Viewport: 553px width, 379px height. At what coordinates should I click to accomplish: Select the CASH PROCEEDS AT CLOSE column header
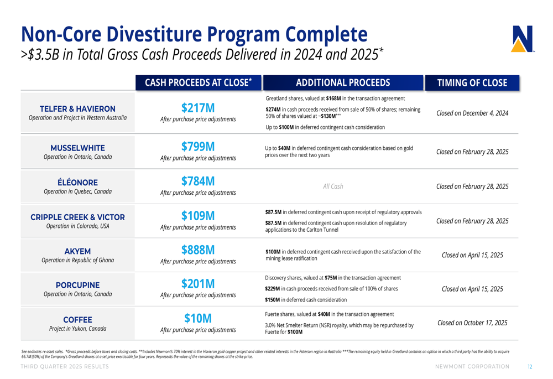coord(198,83)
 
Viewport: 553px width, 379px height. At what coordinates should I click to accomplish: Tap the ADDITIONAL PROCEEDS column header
coord(343,83)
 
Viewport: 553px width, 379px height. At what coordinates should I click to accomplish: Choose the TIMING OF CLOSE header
coord(472,83)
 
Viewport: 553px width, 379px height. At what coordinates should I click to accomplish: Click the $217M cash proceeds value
coord(198,107)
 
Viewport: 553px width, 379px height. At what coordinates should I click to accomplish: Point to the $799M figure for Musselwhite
coord(198,147)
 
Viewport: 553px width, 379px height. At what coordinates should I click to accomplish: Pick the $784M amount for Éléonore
coord(198,181)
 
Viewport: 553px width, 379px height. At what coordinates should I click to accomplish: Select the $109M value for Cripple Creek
coord(198,215)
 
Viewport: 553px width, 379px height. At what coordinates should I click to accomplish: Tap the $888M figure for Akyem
coord(198,250)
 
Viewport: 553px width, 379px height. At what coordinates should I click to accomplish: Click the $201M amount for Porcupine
coord(198,284)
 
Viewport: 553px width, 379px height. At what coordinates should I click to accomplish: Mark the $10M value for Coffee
coord(198,318)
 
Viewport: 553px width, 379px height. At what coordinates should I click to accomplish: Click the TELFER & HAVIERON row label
coord(77,108)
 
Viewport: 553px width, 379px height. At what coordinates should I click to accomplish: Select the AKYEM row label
coord(77,251)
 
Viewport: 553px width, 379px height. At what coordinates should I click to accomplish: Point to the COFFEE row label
coord(77,319)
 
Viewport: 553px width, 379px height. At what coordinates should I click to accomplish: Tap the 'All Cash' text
coord(333,186)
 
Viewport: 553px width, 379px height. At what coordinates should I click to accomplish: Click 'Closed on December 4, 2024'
coord(472,113)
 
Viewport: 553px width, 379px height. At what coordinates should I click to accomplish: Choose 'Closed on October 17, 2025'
coord(472,323)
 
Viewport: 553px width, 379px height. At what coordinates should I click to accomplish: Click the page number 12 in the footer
coord(529,367)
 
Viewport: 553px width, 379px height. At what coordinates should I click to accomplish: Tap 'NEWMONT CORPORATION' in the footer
coord(472,367)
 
